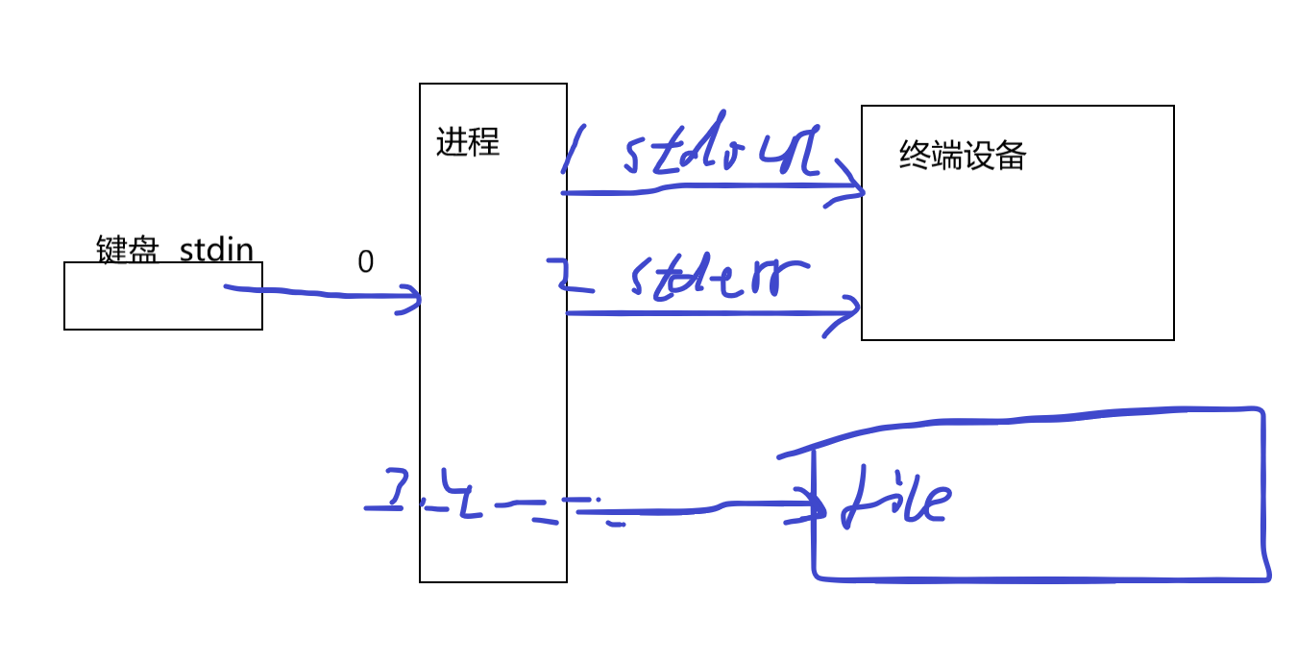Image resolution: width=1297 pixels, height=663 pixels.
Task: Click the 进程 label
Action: [x=468, y=142]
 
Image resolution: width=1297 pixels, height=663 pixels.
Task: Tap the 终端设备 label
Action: [x=963, y=156]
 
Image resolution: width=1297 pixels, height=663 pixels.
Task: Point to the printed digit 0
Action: [x=365, y=262]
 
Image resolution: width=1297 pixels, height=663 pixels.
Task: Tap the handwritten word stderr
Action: [x=716, y=278]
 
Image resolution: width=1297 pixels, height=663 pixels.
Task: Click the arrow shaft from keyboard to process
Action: [x=317, y=293]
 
